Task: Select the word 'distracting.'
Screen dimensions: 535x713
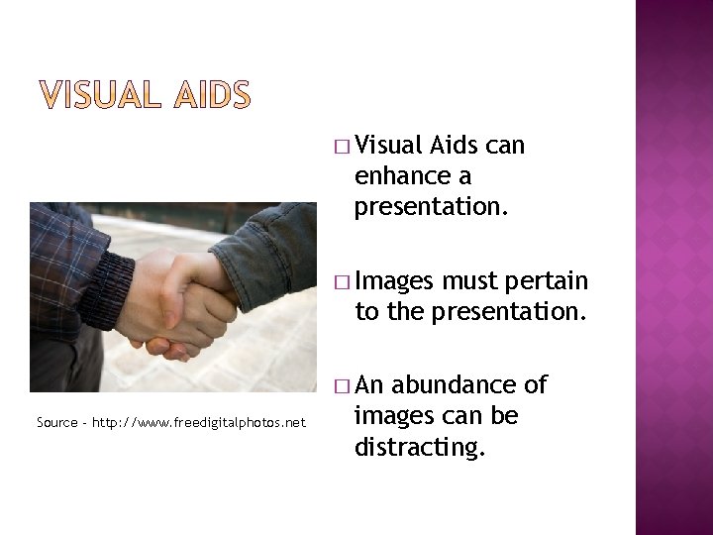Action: (x=419, y=448)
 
